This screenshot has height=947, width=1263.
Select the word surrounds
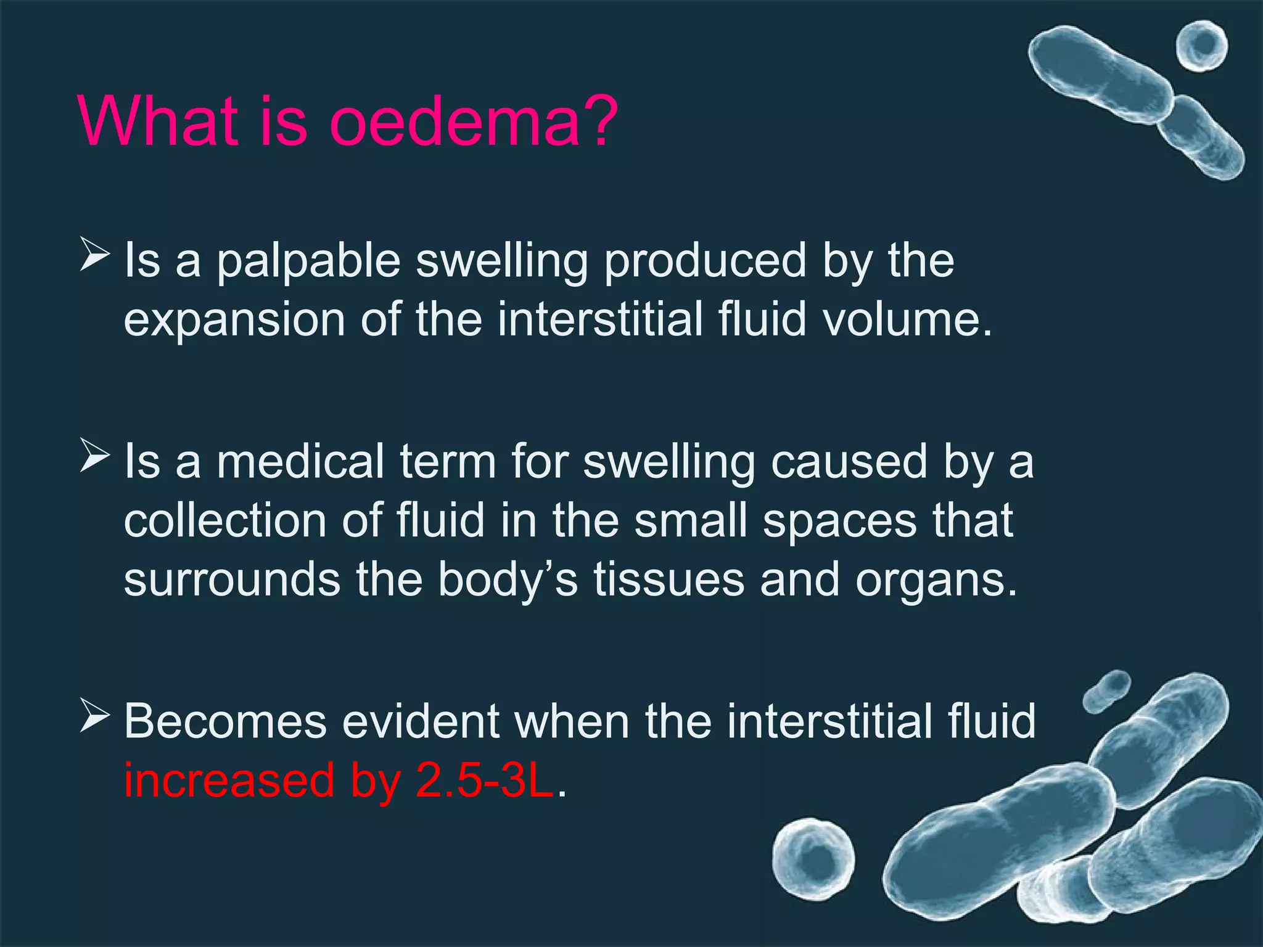pos(232,580)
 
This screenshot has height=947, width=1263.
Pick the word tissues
pos(669,580)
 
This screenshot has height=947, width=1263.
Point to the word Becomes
pos(225,721)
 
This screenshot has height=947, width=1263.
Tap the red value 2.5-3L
pos(485,781)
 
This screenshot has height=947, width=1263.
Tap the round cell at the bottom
pos(813,859)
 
